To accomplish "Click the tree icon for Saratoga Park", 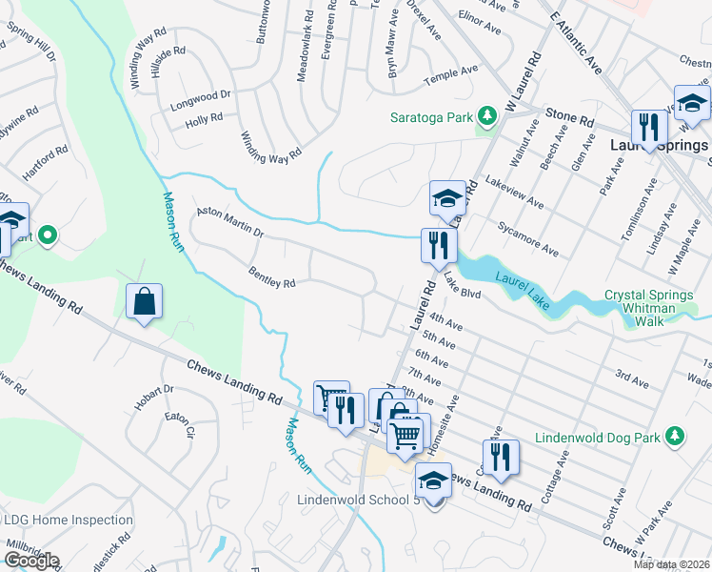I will pos(487,116).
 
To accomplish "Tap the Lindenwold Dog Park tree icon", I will pos(675,436).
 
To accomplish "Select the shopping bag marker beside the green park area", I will pos(143,301).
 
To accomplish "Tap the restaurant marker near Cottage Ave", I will pos(501,457).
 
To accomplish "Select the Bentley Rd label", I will pos(272,276).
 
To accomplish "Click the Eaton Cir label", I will pos(178,424).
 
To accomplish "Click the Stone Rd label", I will pos(568,117).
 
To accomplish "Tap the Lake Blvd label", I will pos(462,290).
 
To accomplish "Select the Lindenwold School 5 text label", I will pos(358,500).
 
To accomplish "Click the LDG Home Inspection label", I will pos(69,520).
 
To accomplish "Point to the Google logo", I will pos(30,561).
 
